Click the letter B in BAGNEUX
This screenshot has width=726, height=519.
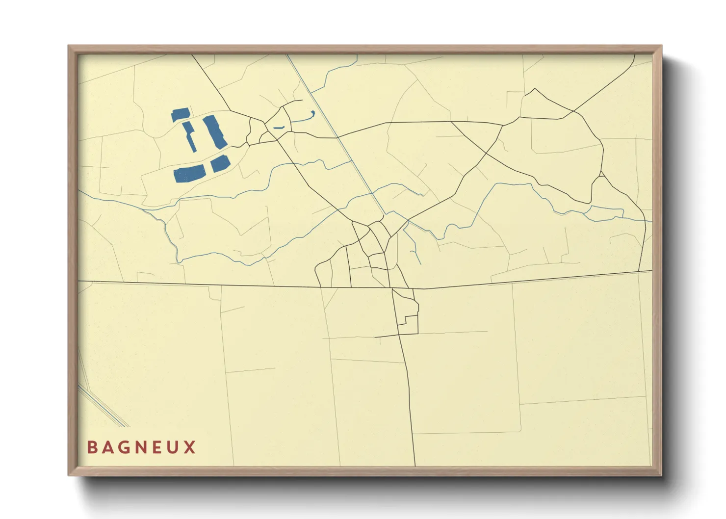tap(92, 447)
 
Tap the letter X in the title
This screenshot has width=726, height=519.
tap(190, 447)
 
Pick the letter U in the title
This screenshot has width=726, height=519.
tap(174, 447)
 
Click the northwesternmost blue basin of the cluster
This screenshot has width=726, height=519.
tap(180, 115)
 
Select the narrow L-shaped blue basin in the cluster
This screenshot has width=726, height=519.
tap(190, 136)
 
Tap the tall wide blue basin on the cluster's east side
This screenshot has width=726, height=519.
tap(214, 132)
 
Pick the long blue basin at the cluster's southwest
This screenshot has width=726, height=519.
tap(189, 174)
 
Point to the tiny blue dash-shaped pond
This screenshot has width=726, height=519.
tap(279, 128)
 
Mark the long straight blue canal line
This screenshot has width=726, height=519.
tap(338, 137)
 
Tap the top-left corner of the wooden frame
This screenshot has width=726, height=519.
tap(69, 47)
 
